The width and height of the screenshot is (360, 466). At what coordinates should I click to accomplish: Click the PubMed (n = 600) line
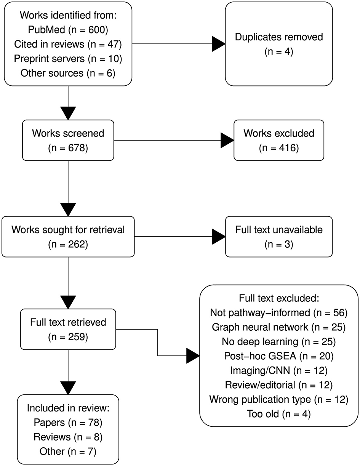pos(68,30)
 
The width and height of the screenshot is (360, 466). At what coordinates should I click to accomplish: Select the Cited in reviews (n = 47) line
pos(68,44)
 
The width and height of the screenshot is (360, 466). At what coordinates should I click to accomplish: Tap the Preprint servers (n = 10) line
pos(68,59)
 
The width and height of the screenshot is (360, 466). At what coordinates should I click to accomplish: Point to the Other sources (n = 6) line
pos(68,73)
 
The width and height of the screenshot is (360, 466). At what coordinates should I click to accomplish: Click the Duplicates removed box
pos(279,44)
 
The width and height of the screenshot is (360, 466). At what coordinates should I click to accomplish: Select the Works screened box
pos(68,140)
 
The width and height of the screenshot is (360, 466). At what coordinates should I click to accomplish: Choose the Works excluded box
pos(279,140)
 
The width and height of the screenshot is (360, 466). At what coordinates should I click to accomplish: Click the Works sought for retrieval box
pos(68,237)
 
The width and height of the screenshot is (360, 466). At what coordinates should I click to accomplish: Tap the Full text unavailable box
pos(279,237)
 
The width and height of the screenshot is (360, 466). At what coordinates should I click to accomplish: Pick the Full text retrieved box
pos(68,329)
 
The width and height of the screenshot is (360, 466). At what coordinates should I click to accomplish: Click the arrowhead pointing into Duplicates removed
pos(219,44)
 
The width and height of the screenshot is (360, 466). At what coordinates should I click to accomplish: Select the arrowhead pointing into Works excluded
pos(227,140)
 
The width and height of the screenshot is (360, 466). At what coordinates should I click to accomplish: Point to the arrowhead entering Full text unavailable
pos(219,237)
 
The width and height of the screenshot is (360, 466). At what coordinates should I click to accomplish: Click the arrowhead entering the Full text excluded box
pos(193,356)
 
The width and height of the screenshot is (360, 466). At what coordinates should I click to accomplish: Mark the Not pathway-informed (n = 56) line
pos(279,313)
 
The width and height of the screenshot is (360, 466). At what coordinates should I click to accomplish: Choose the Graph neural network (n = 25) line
pos(279,327)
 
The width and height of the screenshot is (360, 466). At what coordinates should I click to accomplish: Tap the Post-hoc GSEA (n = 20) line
pos(279,356)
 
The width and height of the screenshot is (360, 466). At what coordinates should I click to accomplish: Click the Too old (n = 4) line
pos(279,414)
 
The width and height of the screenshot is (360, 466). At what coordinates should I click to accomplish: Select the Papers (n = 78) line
pos(68,423)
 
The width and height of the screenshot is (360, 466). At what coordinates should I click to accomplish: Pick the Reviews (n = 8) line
pos(68,437)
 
